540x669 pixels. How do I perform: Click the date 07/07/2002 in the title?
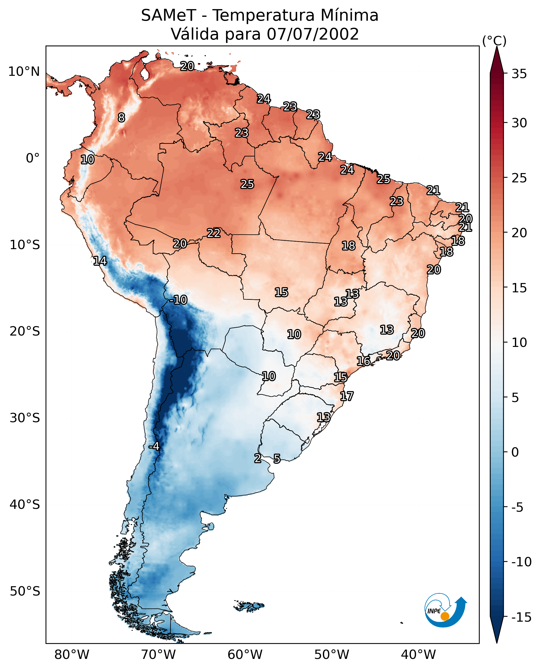[313, 34]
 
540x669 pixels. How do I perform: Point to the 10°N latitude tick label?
[24, 72]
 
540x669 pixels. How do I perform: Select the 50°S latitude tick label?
[25, 591]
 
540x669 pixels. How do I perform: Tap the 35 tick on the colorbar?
[519, 74]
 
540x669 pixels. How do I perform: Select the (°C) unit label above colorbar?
[494, 41]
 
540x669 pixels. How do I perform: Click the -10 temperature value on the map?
[179, 300]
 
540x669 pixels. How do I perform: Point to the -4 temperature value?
[154, 447]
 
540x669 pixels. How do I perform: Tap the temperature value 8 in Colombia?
[121, 117]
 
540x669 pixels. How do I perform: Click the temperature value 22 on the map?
[214, 233]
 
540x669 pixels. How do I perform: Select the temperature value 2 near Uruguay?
[258, 458]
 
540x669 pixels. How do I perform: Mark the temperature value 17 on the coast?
[347, 396]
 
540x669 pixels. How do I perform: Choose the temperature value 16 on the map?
[363, 361]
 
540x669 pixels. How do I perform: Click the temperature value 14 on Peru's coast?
[100, 261]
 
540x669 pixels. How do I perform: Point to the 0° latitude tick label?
[33, 158]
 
